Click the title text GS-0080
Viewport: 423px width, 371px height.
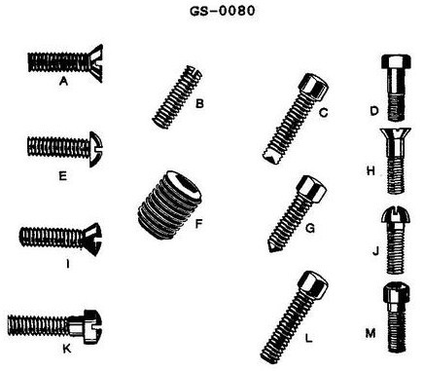223,11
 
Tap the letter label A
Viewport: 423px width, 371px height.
63,81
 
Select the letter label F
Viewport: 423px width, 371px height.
198,224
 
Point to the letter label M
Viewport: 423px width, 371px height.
370,333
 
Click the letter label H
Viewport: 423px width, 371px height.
370,170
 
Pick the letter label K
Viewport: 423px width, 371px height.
66,349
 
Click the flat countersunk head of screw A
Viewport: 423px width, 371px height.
95,63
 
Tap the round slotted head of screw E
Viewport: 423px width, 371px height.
96,149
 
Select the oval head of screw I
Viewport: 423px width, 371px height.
92,240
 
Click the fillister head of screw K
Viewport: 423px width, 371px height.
92,326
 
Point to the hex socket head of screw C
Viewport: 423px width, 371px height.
313,87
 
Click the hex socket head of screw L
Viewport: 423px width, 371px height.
313,284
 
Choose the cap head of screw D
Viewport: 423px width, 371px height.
397,61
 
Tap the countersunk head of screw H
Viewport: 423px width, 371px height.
396,136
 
